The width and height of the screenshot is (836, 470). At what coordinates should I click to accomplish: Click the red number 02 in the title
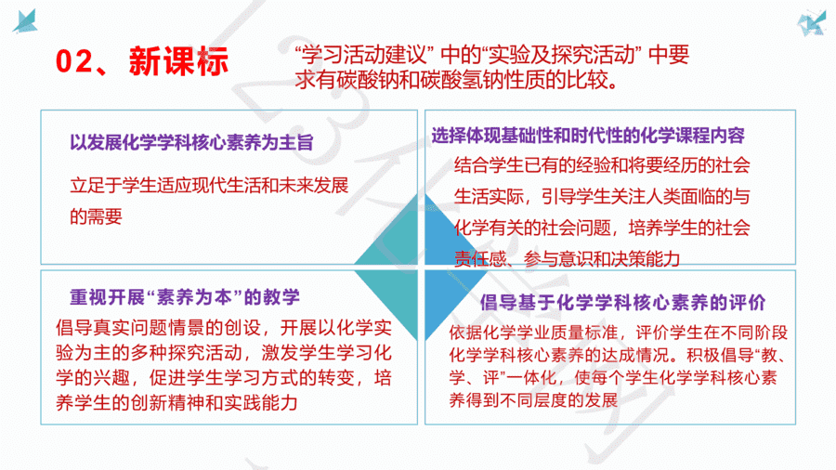click(73, 60)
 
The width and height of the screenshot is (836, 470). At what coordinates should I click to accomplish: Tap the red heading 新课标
click(178, 60)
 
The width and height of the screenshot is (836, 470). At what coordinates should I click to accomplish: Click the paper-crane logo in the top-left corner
click(25, 20)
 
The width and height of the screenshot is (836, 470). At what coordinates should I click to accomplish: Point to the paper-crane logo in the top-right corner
click(811, 23)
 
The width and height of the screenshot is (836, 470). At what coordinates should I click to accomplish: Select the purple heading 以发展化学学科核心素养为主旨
click(191, 143)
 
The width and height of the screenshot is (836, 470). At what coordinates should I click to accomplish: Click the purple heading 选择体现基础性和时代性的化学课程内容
click(588, 136)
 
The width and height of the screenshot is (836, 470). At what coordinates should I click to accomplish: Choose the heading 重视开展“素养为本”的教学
click(185, 297)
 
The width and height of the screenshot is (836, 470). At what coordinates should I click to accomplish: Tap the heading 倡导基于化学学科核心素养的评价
click(622, 303)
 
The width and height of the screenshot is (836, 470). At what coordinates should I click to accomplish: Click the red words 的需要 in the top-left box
click(96, 216)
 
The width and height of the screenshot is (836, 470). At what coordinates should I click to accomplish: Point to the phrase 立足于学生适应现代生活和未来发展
click(209, 186)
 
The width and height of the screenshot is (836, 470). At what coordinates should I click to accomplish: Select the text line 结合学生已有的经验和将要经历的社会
click(602, 165)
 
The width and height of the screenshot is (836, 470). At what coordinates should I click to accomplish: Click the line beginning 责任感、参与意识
click(568, 259)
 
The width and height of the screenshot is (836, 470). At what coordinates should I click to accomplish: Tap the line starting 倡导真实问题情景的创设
click(224, 327)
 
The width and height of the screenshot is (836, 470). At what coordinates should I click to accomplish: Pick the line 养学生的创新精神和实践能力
click(177, 403)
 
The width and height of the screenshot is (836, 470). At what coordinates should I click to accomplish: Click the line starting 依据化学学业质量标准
click(619, 333)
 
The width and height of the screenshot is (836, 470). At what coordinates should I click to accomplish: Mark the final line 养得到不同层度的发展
click(533, 399)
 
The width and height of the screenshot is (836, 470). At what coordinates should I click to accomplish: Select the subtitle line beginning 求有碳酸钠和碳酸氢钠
click(457, 81)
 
